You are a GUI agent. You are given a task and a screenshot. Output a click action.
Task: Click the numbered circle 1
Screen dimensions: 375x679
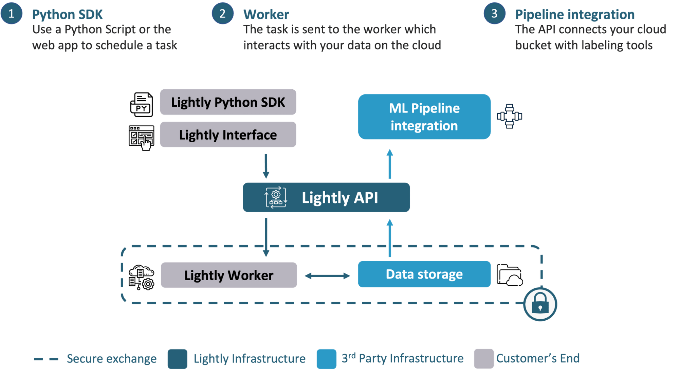[12, 14]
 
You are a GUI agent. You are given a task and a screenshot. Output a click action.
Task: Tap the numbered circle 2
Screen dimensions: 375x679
[222, 14]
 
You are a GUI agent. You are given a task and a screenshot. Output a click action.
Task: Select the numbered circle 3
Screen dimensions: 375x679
[494, 14]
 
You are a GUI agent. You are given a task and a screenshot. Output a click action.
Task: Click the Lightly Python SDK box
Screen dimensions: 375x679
[228, 102]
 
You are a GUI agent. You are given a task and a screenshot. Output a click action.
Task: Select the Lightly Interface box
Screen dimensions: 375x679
[228, 135]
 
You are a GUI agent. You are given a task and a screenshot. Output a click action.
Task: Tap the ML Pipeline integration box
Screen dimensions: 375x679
[424, 117]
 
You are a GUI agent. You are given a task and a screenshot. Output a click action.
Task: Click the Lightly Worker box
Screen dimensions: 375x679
[228, 275]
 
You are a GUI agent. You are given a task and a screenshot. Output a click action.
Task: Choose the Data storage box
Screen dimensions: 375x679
[424, 274]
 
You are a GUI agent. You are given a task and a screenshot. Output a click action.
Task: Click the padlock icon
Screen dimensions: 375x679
[540, 304]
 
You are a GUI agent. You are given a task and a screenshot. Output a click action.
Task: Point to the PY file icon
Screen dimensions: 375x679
[142, 105]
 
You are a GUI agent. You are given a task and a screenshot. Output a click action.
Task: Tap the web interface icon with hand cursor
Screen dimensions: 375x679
[142, 137]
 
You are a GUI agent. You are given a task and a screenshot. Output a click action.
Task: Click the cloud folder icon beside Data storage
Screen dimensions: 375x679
[509, 275]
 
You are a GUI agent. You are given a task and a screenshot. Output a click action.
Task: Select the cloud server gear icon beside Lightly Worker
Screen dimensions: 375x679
[141, 277]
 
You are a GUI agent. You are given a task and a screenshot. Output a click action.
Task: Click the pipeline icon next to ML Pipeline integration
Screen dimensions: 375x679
[509, 116]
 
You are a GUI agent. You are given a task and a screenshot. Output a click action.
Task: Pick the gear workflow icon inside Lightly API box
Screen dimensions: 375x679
[276, 197]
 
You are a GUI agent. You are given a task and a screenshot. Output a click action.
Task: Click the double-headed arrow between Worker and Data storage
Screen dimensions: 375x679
[327, 275]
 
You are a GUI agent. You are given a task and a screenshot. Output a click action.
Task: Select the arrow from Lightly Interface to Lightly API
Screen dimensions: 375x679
[266, 166]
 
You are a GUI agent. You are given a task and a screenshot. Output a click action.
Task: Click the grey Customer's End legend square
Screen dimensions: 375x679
[483, 358]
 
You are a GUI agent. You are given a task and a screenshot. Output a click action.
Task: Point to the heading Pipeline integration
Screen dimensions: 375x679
[574, 15]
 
